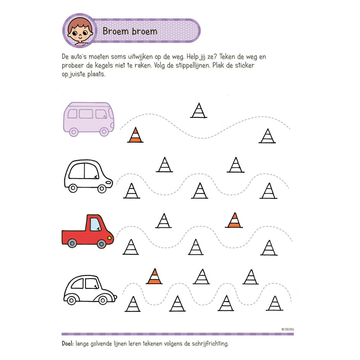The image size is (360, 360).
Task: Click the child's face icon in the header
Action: tap(80, 31)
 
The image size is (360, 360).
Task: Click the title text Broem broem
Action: tap(130, 31)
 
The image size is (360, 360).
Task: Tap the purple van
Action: tap(88, 118)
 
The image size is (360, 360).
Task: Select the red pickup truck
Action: tap(87, 231)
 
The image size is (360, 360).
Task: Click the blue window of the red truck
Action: tap(95, 224)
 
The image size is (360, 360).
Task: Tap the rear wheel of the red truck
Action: tap(72, 243)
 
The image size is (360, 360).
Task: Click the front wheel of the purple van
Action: tap(104, 131)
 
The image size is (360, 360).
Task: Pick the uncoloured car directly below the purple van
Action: tap(88, 176)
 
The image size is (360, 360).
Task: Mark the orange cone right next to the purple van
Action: tap(135, 135)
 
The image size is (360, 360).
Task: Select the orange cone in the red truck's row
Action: tap(234, 220)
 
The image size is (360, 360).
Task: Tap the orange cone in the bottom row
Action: tap(154, 276)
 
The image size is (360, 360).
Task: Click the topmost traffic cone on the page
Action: tap(198, 110)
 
